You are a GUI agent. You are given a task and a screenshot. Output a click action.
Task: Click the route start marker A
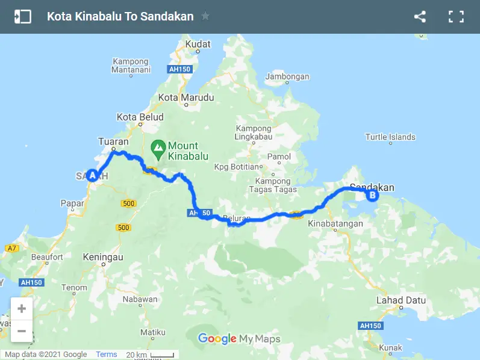click(92, 176)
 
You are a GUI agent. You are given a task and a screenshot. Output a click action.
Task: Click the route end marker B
click(372, 195)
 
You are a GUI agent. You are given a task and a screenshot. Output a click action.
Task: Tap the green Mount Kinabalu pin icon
click(158, 146)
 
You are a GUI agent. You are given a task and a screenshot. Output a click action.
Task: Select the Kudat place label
click(198, 44)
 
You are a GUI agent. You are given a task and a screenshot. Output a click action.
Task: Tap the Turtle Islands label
click(390, 137)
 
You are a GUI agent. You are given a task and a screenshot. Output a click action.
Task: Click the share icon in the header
click(420, 17)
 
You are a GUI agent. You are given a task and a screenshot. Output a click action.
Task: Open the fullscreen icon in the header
click(456, 17)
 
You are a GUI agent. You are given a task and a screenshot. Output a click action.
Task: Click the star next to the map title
click(205, 16)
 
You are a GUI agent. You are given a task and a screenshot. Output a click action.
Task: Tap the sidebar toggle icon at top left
click(22, 17)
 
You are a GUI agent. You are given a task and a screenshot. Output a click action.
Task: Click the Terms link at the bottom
click(107, 355)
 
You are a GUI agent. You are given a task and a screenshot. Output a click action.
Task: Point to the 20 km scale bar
click(151, 355)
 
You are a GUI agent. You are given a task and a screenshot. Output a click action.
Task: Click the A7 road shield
click(11, 248)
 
